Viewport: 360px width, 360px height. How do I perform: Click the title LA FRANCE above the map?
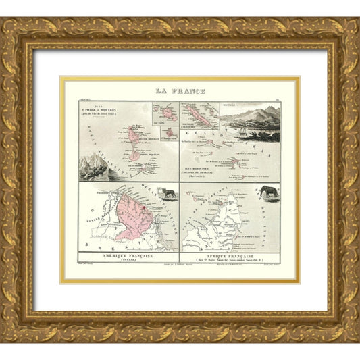tap(179, 91)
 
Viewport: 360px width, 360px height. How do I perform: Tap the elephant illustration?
tap(269, 192)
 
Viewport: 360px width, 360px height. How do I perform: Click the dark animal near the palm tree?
tap(168, 193)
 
